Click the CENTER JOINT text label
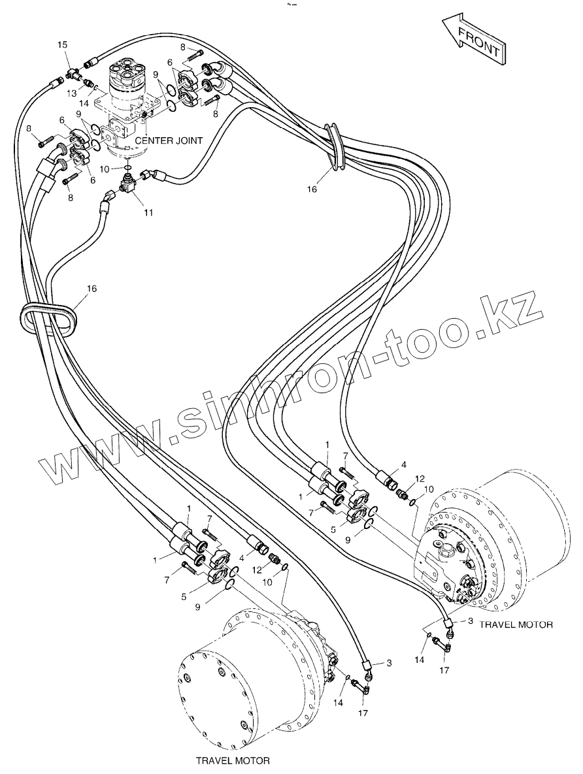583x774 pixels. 169,140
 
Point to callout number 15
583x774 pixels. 62,44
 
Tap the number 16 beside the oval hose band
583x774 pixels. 92,287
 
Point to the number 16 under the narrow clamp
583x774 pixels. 312,189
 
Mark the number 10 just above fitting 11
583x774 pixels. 113,169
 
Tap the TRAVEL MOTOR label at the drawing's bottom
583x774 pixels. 232,760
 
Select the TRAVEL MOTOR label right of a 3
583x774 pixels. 516,624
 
